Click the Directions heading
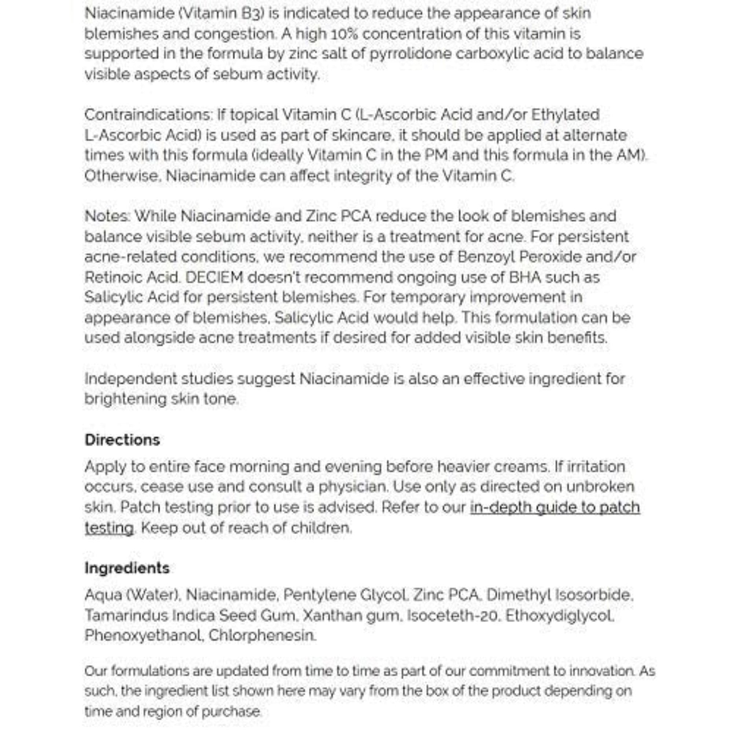click(122, 440)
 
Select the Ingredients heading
click(127, 568)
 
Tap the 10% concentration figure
click(345, 34)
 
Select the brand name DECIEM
click(214, 277)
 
